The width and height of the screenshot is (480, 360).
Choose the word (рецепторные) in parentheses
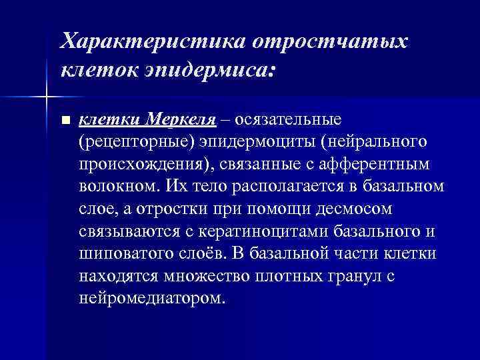[x=131, y=143]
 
